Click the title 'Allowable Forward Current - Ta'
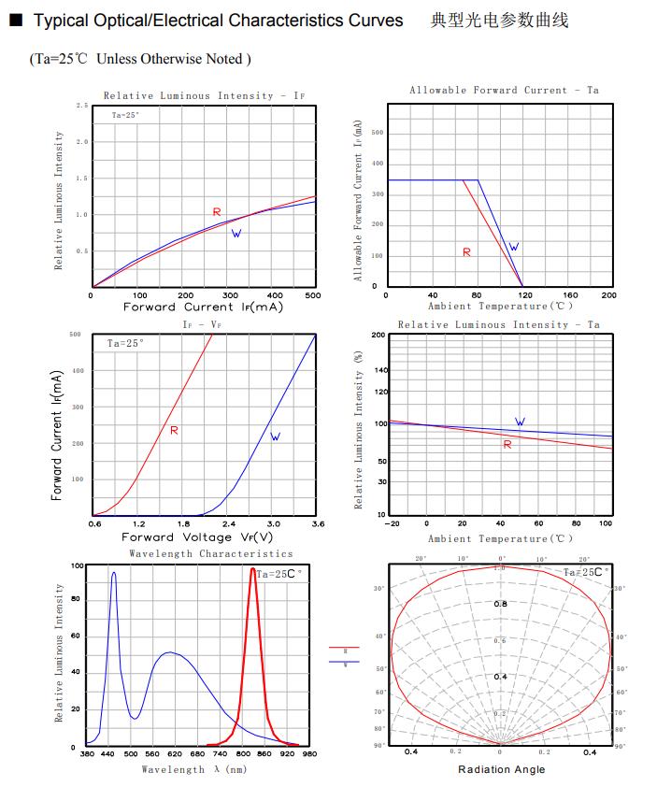click(x=503, y=91)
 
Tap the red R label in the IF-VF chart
click(x=175, y=431)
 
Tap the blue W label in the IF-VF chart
click(x=275, y=436)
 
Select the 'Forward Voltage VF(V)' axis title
click(x=197, y=537)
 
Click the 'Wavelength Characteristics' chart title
click(x=210, y=554)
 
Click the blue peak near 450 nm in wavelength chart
click(x=114, y=573)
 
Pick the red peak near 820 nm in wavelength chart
click(x=252, y=569)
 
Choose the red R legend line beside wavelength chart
click(x=344, y=647)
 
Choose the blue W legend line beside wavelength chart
click(x=344, y=662)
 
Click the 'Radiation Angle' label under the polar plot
click(x=501, y=769)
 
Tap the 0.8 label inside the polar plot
click(x=500, y=604)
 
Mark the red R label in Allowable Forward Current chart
click(x=466, y=252)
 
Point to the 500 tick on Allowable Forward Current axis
click(x=378, y=133)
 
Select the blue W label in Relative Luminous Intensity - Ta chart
click(x=520, y=422)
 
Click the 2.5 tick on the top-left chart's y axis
click(x=82, y=106)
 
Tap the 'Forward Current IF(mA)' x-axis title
click(x=203, y=307)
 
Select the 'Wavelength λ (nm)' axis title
click(x=194, y=769)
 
